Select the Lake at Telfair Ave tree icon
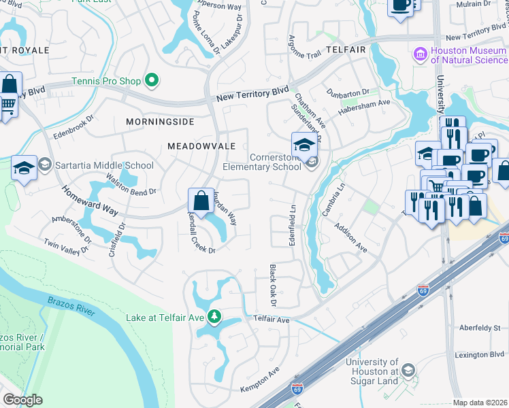[x=214, y=317]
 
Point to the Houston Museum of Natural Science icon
[x=420, y=54]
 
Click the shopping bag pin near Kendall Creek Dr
[x=201, y=201]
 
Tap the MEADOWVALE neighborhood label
[x=201, y=146]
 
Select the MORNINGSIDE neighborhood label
[x=160, y=122]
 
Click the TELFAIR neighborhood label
[x=345, y=50]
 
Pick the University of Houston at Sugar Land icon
[x=408, y=370]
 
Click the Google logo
[x=22, y=400]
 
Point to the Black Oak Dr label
[x=272, y=285]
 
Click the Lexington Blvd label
[x=480, y=355]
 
